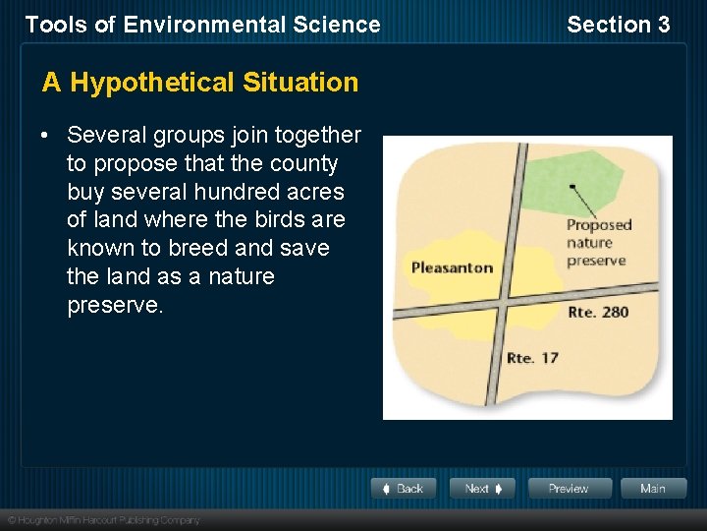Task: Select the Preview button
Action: (x=570, y=489)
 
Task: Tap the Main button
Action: (x=652, y=489)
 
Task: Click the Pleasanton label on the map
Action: (x=452, y=267)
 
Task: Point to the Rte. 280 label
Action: (x=598, y=313)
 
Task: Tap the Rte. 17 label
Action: (x=531, y=357)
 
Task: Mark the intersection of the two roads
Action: (x=502, y=301)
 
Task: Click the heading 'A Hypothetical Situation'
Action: (x=200, y=83)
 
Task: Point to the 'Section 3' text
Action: (x=618, y=25)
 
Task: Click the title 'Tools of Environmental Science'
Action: (x=202, y=25)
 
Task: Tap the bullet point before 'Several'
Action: (x=47, y=136)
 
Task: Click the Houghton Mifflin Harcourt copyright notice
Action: (x=103, y=520)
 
